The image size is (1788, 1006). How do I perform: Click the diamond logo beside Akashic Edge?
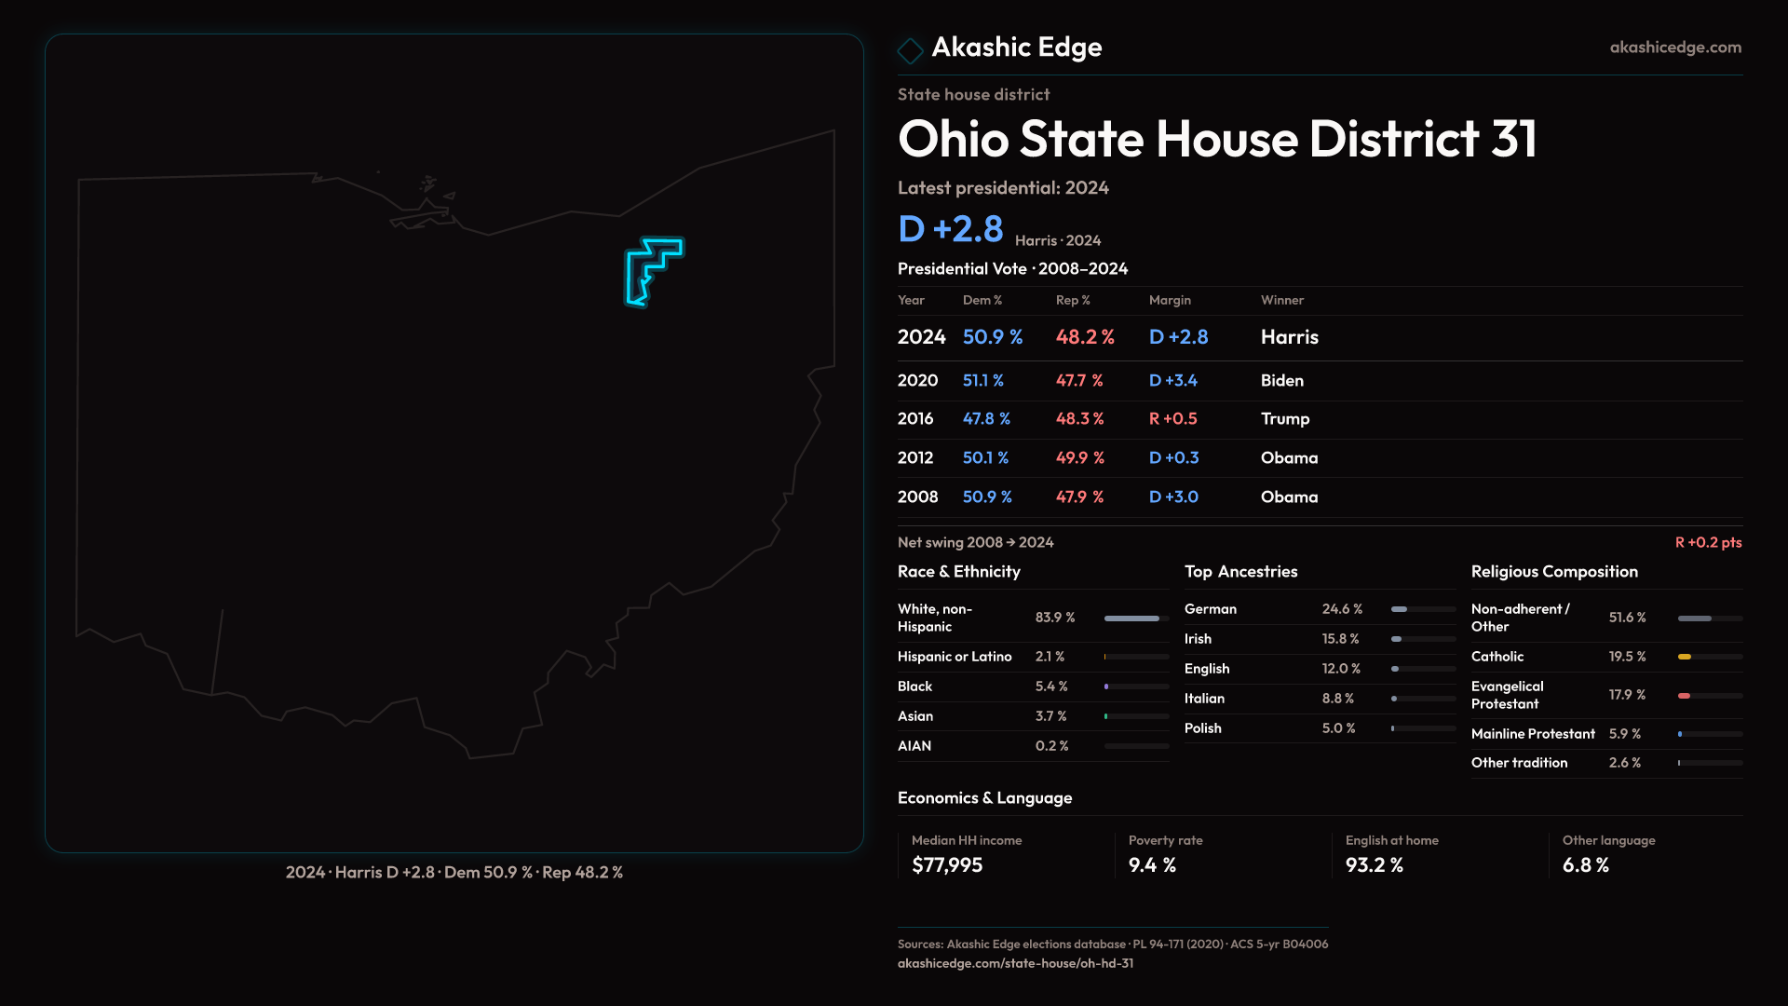pos(910,49)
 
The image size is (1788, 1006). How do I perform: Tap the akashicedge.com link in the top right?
pos(1675,48)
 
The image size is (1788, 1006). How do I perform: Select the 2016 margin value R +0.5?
pos(1173,419)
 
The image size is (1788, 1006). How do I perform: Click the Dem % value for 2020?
pos(983,381)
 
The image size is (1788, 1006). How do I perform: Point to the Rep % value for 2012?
pos(1080,458)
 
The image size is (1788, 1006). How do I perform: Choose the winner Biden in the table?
pos(1282,381)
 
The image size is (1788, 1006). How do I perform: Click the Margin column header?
pos(1170,300)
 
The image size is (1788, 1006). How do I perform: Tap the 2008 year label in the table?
pos(918,497)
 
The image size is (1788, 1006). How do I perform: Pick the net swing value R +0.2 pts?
pos(1708,542)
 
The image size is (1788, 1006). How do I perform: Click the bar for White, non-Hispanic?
pos(1132,619)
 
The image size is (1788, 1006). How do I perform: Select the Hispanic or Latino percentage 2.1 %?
pos(1050,657)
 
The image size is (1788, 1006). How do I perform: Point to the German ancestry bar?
pos(1400,609)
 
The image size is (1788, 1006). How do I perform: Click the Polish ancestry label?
pos(1203,728)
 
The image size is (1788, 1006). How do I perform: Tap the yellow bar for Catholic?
pos(1685,657)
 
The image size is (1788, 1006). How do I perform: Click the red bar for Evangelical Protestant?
pos(1685,696)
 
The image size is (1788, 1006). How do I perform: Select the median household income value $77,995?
pos(947,865)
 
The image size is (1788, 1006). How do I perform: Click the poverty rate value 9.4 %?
pos(1152,865)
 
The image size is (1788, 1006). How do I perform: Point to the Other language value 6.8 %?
pos(1586,865)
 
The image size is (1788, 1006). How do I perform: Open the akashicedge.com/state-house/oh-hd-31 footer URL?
pos(1015,963)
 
